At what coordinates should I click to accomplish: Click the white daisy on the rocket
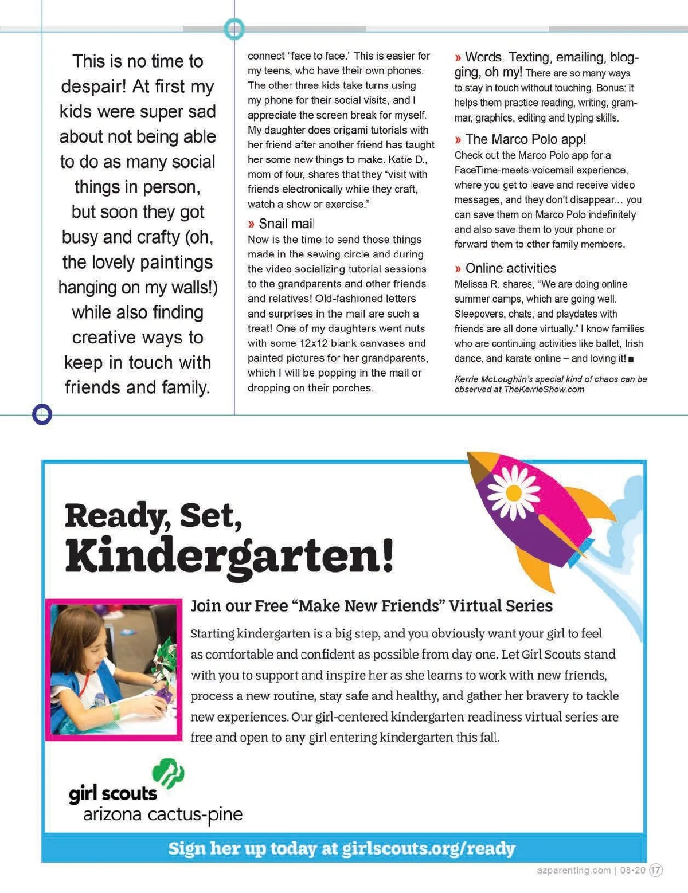[x=514, y=492]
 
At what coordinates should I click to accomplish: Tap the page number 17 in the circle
[x=655, y=870]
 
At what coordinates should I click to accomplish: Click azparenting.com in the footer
[x=574, y=870]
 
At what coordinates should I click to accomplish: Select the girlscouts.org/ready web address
[x=428, y=848]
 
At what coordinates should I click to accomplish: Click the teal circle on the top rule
[x=234, y=29]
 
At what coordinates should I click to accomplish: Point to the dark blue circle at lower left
[x=42, y=414]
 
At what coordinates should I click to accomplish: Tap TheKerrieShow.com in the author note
[x=544, y=389]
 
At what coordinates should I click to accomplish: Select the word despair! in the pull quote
[x=93, y=87]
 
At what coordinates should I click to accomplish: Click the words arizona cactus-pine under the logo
[x=163, y=814]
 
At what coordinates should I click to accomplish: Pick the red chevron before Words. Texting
[x=458, y=57]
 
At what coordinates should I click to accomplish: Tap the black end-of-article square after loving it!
[x=631, y=359]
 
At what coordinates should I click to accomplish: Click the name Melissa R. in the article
[x=476, y=284]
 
